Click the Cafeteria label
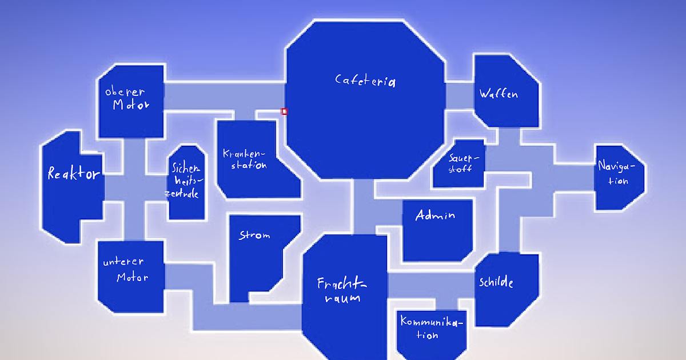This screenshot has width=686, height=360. click(365, 81)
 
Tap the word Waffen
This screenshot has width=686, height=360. click(498, 94)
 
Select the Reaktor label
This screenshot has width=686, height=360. click(74, 174)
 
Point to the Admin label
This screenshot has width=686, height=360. click(435, 215)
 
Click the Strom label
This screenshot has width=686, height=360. click(254, 235)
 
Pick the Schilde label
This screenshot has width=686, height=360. click(496, 283)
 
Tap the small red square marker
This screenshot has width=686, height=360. click(284, 111)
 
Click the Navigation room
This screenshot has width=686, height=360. click(620, 177)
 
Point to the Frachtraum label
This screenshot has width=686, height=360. click(342, 290)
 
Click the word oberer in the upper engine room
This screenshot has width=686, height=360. click(125, 91)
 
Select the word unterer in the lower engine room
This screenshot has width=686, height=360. click(123, 262)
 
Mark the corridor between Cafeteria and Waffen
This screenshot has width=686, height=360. click(459, 95)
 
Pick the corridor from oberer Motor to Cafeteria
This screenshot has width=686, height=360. click(224, 96)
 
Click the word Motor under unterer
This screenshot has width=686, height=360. click(132, 278)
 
